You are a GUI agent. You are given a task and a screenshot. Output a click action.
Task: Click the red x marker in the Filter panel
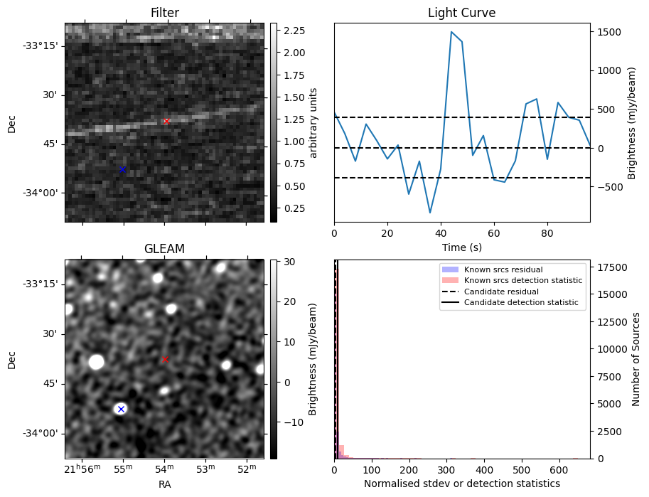click(166, 122)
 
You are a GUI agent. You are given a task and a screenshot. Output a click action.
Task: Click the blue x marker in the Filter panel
click(122, 170)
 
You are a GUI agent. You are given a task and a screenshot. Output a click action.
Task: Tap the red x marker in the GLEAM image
click(165, 360)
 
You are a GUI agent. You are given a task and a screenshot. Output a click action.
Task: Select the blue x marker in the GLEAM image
click(121, 409)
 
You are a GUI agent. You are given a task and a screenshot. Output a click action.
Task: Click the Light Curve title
click(461, 13)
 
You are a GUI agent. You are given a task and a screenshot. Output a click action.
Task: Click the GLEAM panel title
click(164, 249)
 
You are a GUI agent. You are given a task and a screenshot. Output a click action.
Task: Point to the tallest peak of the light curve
click(451, 32)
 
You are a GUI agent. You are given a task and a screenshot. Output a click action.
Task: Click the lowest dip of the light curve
click(430, 213)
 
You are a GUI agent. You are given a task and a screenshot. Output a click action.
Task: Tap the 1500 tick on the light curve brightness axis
click(609, 32)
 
